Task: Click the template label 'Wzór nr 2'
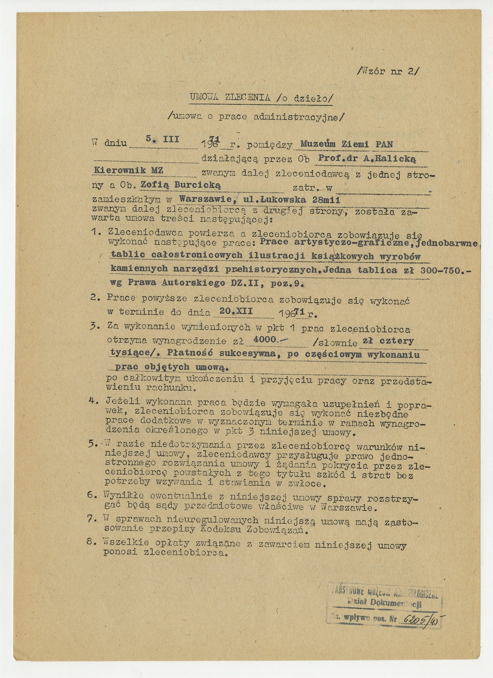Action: point(389,72)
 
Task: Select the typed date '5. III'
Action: point(162,139)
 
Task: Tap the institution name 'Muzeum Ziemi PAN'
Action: point(346,144)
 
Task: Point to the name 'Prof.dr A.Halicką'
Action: point(367,159)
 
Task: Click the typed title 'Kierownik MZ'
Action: point(129,170)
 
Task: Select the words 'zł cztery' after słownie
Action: point(388,341)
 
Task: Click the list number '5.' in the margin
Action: point(93,444)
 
